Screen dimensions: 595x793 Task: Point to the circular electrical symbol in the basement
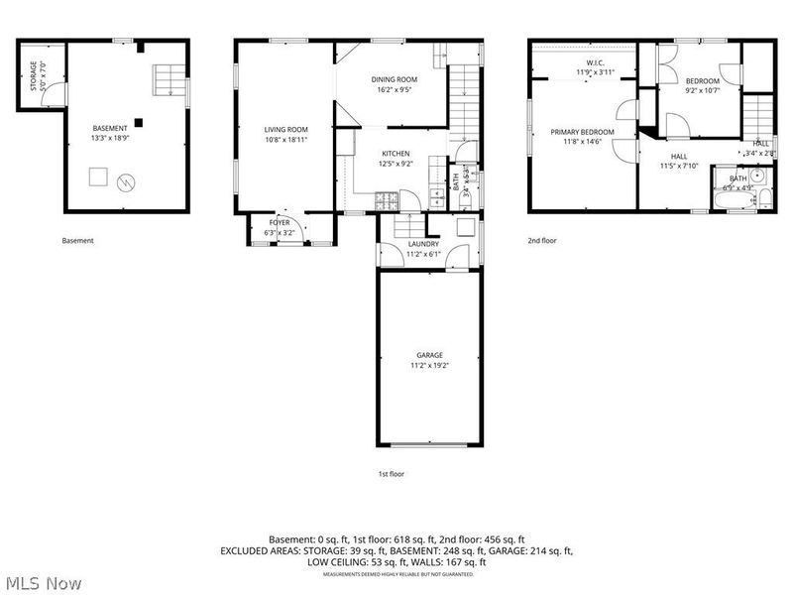pos(125,181)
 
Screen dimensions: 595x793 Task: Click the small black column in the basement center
pos(138,122)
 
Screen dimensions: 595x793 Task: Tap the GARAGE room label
pos(429,354)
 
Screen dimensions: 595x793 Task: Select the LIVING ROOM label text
pos(285,129)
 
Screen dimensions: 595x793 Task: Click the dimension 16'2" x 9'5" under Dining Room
pos(394,89)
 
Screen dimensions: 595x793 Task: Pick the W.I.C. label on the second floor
pos(588,61)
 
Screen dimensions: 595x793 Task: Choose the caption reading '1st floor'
pos(391,474)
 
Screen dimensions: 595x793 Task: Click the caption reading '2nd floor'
pos(543,240)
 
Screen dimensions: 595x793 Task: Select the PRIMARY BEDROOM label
pos(583,132)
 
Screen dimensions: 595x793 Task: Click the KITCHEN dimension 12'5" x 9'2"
pos(396,164)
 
